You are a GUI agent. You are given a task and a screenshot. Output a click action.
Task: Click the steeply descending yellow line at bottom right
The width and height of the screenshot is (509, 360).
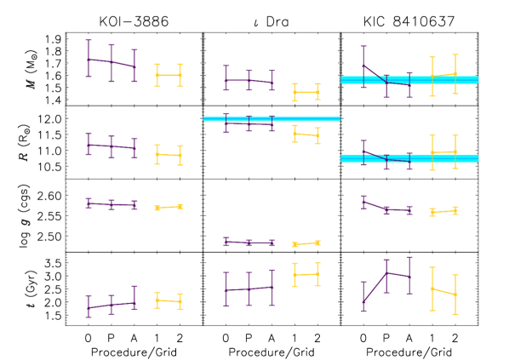443,291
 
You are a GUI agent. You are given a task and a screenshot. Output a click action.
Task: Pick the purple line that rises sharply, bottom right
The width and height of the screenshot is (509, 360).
375,287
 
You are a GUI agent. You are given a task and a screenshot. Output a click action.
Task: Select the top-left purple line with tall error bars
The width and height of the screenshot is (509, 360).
111,62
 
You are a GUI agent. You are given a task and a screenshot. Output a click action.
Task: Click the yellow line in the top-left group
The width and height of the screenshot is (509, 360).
169,75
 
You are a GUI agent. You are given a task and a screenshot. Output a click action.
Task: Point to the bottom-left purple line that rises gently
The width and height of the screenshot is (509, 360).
111,305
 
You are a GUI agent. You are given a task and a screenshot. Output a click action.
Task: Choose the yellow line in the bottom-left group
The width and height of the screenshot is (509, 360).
169,300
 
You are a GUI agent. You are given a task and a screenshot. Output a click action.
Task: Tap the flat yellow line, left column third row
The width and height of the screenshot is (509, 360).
169,207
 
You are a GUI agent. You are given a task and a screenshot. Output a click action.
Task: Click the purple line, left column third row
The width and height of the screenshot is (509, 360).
111,204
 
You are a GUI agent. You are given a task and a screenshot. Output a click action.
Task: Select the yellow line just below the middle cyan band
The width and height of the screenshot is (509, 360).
306,134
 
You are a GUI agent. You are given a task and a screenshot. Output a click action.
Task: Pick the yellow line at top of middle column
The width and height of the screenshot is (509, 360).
306,92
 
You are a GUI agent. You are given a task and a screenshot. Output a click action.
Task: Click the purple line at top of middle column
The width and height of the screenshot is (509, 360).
249,81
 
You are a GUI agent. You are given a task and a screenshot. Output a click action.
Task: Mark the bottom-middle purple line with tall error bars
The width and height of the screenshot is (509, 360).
249,289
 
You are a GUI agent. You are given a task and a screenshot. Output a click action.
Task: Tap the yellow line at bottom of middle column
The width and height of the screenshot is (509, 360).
306,274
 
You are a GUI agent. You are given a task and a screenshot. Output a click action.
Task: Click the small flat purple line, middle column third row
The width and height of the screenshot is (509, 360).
249,243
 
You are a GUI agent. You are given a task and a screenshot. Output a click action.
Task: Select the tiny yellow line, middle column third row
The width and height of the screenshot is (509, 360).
306,243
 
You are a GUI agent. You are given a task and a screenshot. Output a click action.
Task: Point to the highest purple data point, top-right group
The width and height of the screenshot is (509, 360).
363,66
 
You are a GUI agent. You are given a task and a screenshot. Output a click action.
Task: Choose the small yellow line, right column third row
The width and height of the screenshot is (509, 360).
443,210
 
